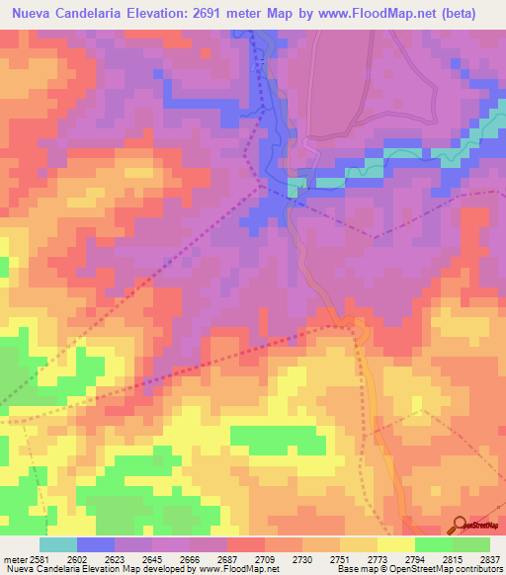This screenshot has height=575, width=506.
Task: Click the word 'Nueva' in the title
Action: click(36, 14)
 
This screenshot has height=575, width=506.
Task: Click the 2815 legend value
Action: click(455, 559)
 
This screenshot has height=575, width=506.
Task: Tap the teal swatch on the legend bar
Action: click(58, 544)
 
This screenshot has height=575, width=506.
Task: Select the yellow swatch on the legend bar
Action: click(395, 544)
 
